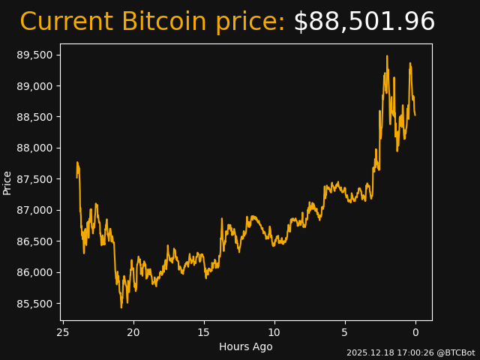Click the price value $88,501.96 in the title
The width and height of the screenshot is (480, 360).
point(364,22)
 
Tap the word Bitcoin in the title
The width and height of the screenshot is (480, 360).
point(163,22)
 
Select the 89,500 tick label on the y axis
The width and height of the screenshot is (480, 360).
point(35,55)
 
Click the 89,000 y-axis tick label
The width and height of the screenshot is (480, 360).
point(35,86)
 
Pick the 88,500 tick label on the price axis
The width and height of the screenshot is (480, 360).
point(35,118)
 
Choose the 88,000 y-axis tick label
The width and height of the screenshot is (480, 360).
point(35,148)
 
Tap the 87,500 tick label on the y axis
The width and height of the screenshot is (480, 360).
point(35,179)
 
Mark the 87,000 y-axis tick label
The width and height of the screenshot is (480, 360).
point(35,211)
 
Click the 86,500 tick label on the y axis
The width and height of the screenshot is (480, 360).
point(35,241)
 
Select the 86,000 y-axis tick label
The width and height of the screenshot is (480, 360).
point(35,272)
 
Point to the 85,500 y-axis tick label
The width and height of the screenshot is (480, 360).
point(35,304)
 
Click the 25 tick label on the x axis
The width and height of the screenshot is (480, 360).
point(63,332)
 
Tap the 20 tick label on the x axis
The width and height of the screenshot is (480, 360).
point(133,332)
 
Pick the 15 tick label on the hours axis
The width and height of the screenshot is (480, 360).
point(204,332)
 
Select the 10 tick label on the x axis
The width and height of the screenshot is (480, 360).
point(274,332)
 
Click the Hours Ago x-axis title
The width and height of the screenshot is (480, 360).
point(246,346)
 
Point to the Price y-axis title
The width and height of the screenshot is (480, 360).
point(7,182)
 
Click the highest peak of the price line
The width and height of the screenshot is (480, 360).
point(387,56)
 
